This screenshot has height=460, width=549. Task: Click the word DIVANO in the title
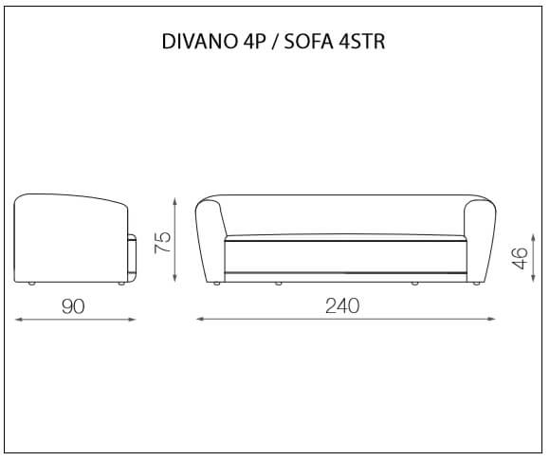199,42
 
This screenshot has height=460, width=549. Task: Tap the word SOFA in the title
308,42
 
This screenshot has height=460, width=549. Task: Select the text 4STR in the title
362,42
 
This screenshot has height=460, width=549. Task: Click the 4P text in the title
254,42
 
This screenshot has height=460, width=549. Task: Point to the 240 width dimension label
342,305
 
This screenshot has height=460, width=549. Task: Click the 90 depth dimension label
73,306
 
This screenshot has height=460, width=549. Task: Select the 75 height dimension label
163,242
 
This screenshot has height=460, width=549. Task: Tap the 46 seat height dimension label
520,258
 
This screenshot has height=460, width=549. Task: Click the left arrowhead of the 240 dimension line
200,319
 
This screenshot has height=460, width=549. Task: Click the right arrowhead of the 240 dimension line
491,319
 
